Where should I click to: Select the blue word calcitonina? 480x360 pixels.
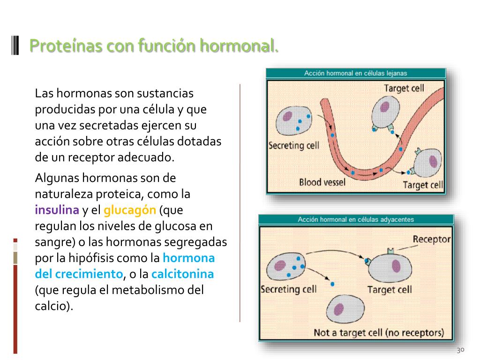(x=183, y=274)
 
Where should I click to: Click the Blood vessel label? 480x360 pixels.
(x=322, y=181)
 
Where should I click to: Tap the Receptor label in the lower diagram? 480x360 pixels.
(x=431, y=239)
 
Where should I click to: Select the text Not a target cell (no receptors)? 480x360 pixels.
(x=378, y=333)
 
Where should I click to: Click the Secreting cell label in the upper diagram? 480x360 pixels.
(x=294, y=145)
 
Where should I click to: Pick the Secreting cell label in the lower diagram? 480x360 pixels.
(x=288, y=289)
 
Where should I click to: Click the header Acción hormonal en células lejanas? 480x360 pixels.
(x=355, y=73)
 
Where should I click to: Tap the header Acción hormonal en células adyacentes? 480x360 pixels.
(x=356, y=219)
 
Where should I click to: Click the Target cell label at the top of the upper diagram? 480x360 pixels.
(x=404, y=88)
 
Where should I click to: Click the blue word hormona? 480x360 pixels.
(x=188, y=258)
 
